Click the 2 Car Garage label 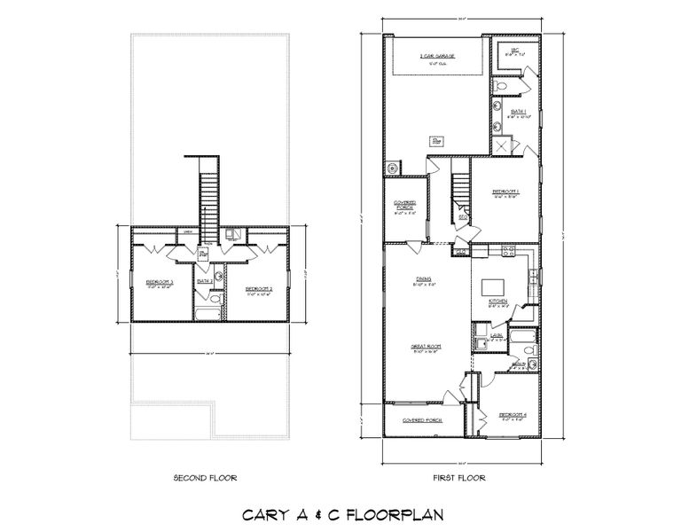click(x=437, y=56)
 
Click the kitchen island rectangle click(x=494, y=288)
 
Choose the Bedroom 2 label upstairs click(x=257, y=288)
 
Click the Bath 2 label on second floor click(x=203, y=281)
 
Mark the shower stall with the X click(x=502, y=147)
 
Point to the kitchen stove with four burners click(x=509, y=251)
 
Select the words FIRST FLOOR click(x=458, y=478)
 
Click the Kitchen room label click(x=497, y=302)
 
